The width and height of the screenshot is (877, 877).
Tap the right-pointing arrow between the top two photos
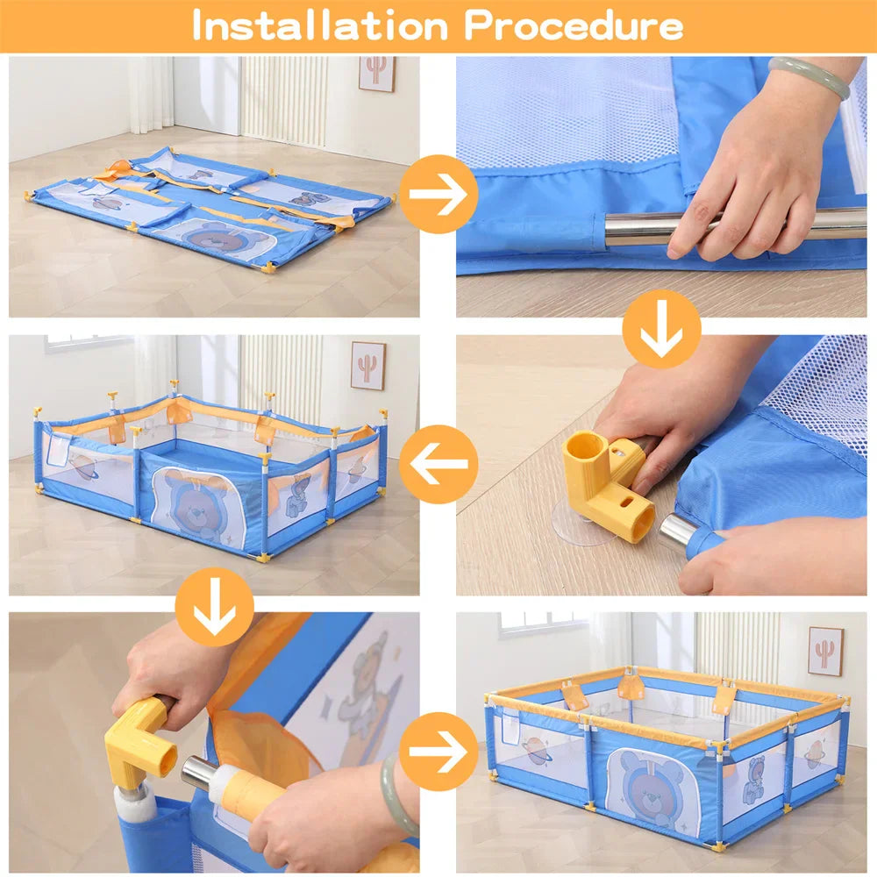pos(438,194)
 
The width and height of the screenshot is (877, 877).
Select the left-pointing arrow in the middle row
pos(438,464)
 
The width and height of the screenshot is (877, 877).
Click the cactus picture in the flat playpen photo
pos(376,74)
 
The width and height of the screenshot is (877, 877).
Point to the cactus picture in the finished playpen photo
pos(824,651)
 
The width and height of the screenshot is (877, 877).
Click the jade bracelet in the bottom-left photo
pos(396,795)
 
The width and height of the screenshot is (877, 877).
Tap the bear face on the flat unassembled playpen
pos(216,237)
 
